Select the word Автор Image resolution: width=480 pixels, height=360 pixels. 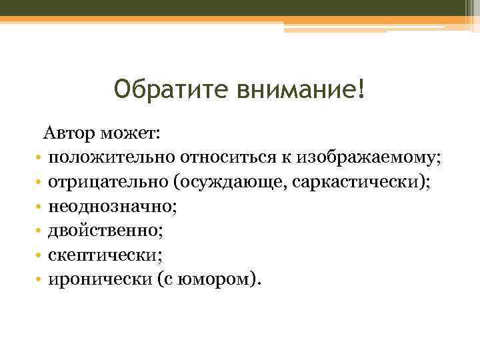[69, 133]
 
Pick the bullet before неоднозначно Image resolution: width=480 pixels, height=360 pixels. [40, 207]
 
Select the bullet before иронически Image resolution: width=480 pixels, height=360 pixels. [40, 279]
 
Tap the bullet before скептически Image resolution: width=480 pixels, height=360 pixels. [40, 255]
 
